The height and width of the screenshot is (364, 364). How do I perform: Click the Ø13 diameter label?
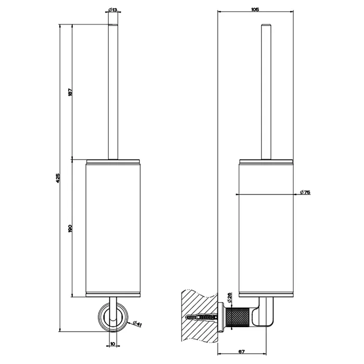click(x=112, y=10)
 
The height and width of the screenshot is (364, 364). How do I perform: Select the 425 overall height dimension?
click(x=58, y=178)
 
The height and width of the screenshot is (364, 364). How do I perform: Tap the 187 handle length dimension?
click(x=71, y=92)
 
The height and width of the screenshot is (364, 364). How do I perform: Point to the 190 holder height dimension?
click(x=71, y=228)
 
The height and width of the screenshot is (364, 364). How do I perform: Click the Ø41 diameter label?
click(x=138, y=323)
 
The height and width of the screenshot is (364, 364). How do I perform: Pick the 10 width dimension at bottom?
click(x=113, y=344)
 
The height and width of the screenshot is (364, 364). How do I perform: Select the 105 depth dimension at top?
click(x=255, y=9)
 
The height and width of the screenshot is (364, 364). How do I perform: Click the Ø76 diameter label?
click(x=305, y=192)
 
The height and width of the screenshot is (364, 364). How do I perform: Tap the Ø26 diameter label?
click(x=229, y=298)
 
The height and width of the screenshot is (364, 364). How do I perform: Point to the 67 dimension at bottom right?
click(x=242, y=352)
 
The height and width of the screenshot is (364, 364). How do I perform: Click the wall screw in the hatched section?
click(x=202, y=317)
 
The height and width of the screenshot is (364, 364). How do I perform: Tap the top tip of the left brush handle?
click(x=113, y=24)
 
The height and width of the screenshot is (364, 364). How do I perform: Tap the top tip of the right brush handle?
click(x=266, y=24)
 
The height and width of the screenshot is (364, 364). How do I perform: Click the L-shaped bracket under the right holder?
click(x=264, y=313)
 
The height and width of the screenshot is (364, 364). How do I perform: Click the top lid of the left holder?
click(x=113, y=162)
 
